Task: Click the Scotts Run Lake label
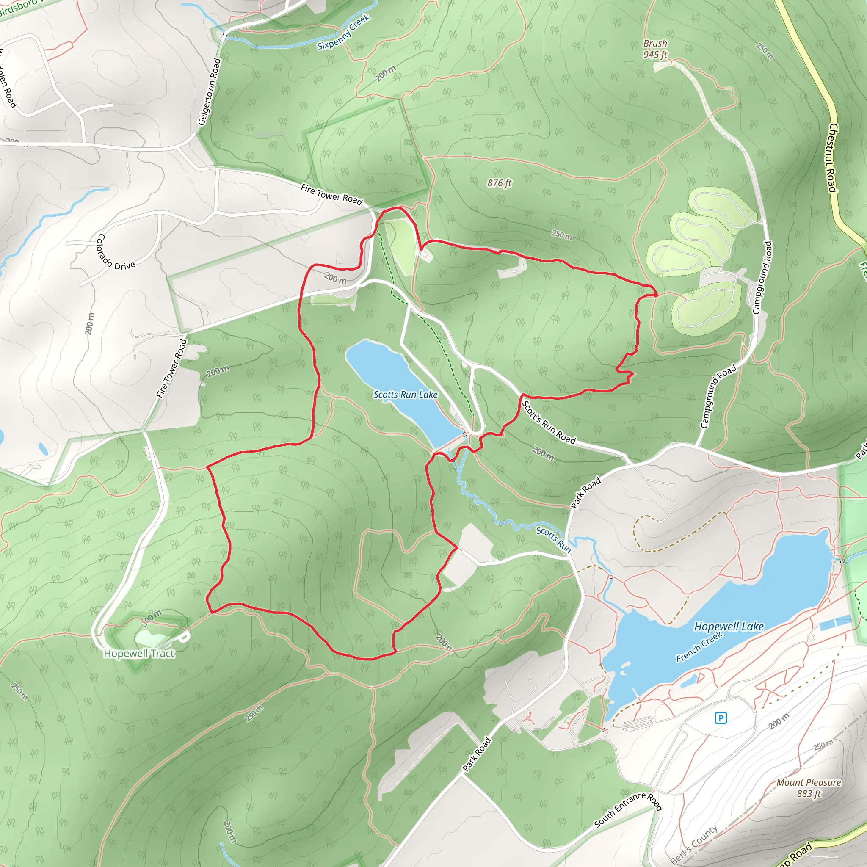tap(405, 395)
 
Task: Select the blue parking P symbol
tap(720, 718)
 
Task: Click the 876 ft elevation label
tap(500, 183)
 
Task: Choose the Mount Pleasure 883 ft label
tap(809, 788)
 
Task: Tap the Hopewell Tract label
tap(139, 653)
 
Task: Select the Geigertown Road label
tap(210, 92)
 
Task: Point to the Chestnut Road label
tap(832, 158)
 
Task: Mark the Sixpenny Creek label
tap(343, 32)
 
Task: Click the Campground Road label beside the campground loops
tap(762, 277)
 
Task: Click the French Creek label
tap(699, 647)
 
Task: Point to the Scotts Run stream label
tap(553, 540)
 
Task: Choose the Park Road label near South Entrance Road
tap(477, 755)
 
